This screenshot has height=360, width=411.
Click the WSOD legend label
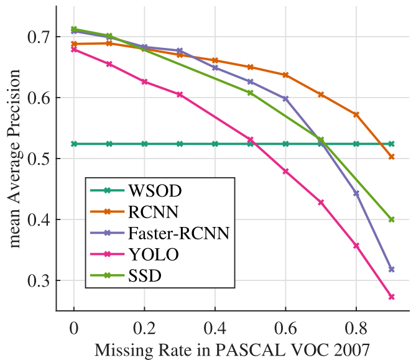click(x=150, y=190)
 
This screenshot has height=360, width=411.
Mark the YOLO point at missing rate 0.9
click(x=392, y=297)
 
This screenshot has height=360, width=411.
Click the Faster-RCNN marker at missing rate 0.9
click(x=392, y=269)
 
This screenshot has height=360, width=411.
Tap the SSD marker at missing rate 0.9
click(x=392, y=219)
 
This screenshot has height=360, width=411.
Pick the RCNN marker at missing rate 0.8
click(x=356, y=114)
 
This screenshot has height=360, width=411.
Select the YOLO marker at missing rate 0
click(x=74, y=49)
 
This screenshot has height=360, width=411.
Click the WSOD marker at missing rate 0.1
click(x=109, y=144)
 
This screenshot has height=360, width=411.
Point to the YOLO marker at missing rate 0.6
click(x=286, y=171)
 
